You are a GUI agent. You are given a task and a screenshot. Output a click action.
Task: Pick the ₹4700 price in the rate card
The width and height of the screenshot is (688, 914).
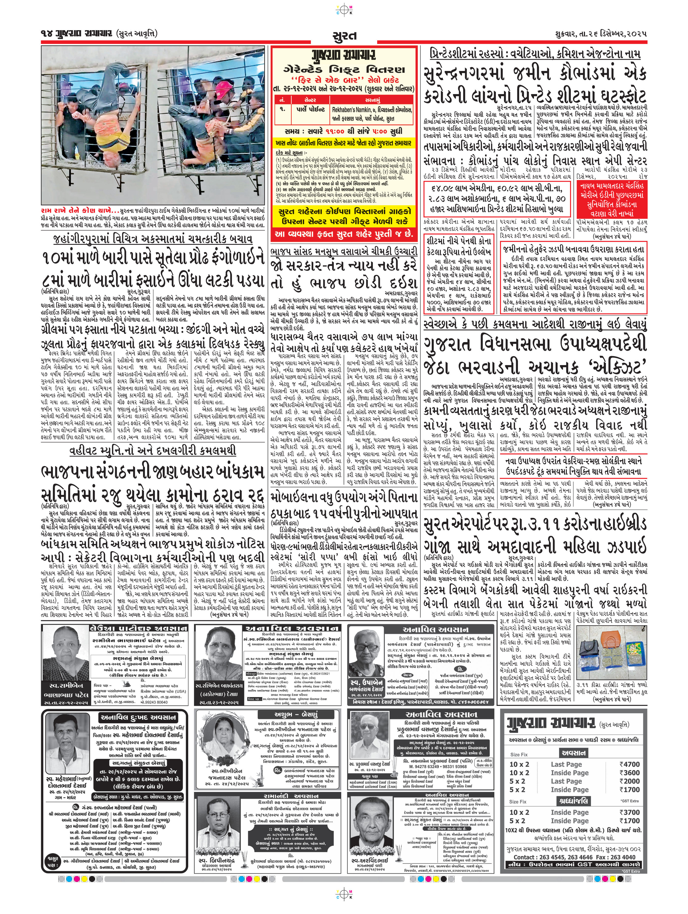pyautogui.click(x=629, y=764)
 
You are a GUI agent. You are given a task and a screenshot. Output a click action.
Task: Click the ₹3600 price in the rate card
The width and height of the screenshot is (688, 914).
pyautogui.click(x=629, y=772)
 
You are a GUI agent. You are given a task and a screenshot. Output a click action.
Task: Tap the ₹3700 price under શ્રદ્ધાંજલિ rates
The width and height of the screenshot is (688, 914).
pyautogui.click(x=629, y=812)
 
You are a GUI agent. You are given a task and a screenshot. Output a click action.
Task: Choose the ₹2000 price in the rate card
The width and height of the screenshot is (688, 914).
pyautogui.click(x=629, y=781)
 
